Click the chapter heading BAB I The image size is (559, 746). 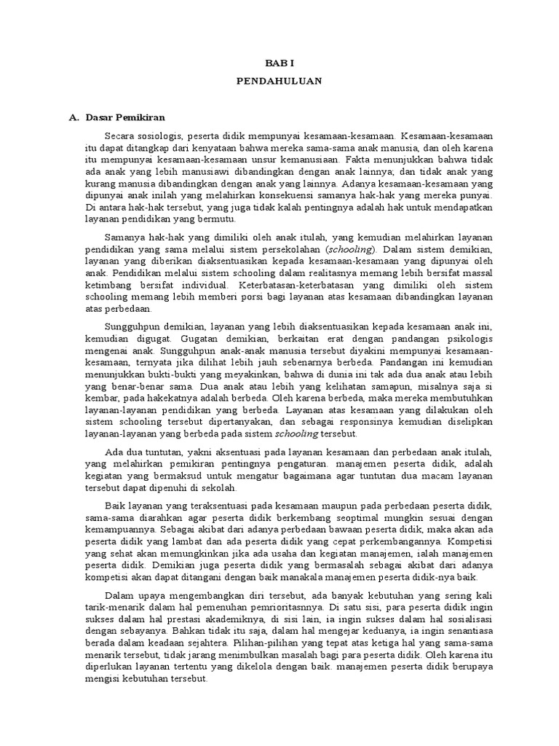(x=279, y=64)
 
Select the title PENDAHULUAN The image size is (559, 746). (x=279, y=82)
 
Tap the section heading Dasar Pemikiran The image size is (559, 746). (x=126, y=117)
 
